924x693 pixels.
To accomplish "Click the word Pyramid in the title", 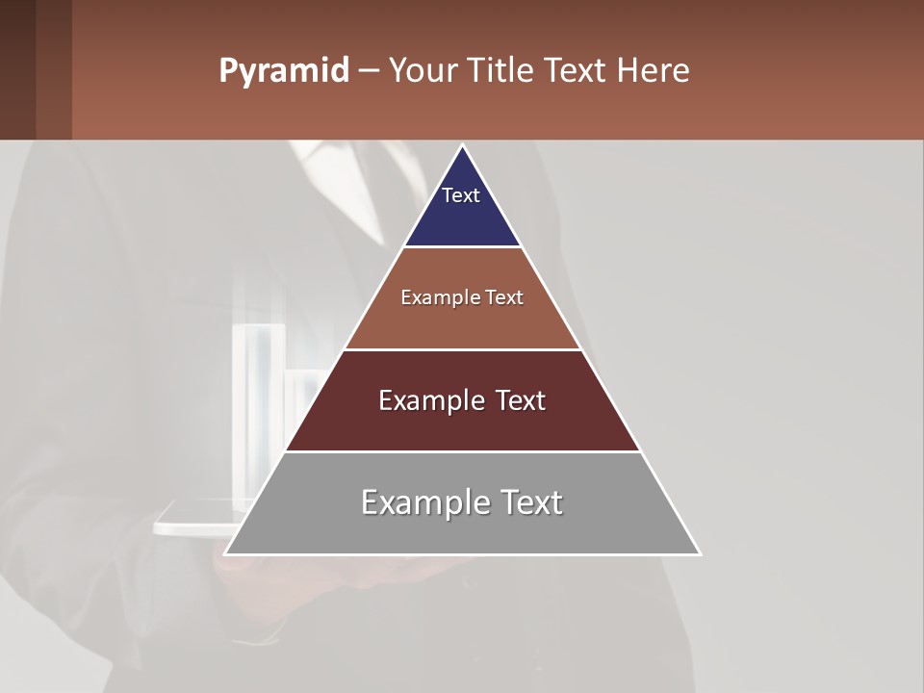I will pos(283,71).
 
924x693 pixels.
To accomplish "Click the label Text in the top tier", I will pos(461,195).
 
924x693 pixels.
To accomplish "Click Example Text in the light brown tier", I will pos(462,297).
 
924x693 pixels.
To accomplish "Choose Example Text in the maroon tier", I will pos(462,400).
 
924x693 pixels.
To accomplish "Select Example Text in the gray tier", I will pos(462,502).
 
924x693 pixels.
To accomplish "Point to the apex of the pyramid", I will pos(463,146).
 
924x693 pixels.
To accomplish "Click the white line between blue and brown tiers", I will pos(462,247).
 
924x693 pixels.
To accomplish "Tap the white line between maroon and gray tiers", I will pos(462,451).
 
